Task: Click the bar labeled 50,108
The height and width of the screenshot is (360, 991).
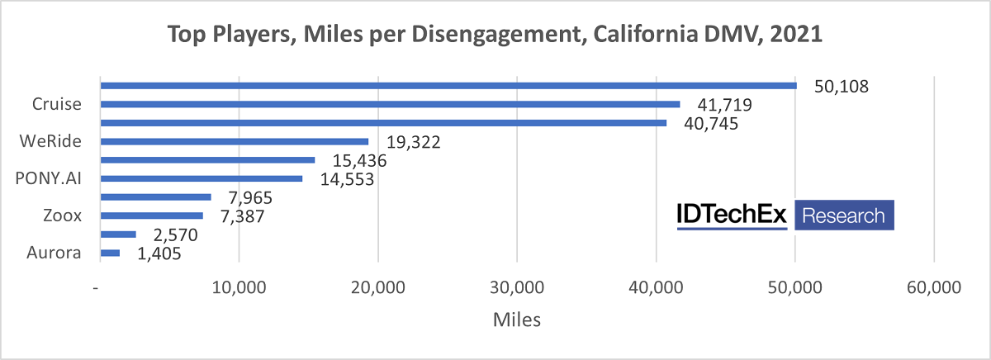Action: click(x=448, y=86)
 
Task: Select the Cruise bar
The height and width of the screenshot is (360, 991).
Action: click(x=390, y=104)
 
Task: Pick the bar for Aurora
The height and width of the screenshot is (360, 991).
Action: click(x=110, y=253)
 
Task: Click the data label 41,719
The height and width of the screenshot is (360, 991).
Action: click(x=717, y=106)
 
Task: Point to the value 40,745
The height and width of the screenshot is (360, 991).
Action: click(x=704, y=124)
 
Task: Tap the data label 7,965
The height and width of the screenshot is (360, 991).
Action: click(x=246, y=198)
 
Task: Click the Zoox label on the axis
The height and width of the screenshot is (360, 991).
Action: click(x=62, y=216)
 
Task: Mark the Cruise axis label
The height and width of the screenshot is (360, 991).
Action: click(x=56, y=104)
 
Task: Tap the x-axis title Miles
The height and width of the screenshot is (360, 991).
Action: click(x=516, y=320)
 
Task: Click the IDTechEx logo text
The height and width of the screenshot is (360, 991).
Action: click(x=732, y=216)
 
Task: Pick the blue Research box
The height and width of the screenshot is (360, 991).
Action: click(x=844, y=216)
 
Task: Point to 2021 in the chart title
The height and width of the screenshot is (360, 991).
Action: click(x=800, y=36)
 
